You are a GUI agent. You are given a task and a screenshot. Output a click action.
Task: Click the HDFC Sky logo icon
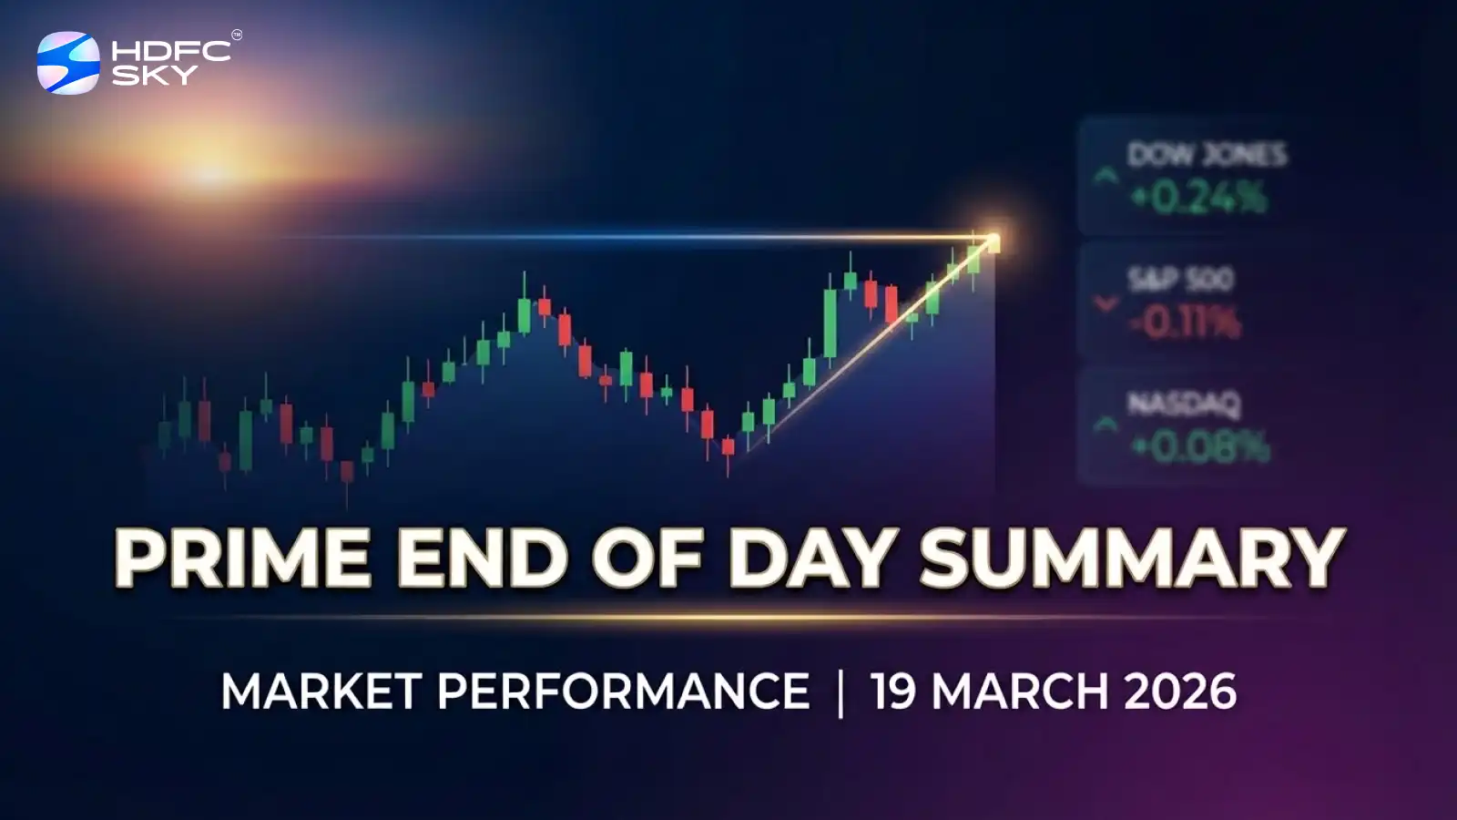[68, 63]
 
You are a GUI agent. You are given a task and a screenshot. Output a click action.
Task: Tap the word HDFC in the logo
[170, 51]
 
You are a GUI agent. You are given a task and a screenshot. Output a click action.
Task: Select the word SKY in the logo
[154, 76]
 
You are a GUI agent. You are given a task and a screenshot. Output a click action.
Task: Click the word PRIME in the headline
[242, 558]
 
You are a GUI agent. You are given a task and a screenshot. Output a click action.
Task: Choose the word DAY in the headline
[807, 558]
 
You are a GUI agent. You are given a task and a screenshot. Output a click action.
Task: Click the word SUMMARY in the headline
[1132, 558]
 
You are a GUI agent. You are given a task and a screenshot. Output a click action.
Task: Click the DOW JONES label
[1207, 155]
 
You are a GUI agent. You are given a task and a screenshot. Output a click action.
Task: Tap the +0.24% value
[1198, 198]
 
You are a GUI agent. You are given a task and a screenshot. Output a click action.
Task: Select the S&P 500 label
[1180, 279]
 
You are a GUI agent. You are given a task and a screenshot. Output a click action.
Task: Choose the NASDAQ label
[1184, 403]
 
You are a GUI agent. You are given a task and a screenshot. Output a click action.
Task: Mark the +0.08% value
[1200, 446]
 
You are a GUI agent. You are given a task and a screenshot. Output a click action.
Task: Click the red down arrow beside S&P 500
[1105, 303]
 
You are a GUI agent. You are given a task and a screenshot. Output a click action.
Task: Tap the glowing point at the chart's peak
[992, 241]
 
